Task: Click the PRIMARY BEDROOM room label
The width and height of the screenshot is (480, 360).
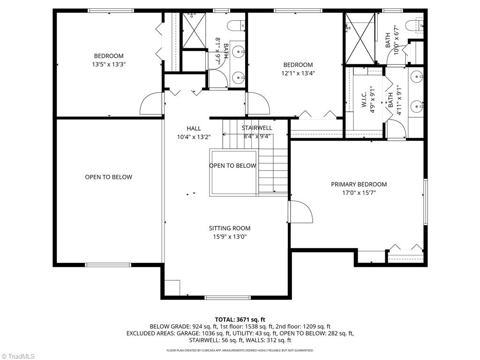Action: point(359,184)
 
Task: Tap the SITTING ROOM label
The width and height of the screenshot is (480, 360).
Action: point(230,228)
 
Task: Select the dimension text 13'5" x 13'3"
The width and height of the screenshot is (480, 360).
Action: point(109,64)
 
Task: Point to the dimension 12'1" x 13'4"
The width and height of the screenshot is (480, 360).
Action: point(298,73)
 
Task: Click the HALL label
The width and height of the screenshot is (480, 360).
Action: point(194,128)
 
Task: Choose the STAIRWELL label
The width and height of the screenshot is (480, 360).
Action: point(257,128)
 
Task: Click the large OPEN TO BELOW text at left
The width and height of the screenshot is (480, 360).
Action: point(109,177)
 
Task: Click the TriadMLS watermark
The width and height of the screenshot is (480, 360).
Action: point(18,356)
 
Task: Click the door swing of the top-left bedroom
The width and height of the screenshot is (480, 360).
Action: point(151,104)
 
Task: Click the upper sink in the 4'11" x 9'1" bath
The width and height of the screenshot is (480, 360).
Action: point(417,76)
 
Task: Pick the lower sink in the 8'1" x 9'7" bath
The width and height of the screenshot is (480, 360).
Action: point(240,76)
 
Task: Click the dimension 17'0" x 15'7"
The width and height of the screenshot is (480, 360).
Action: point(359,192)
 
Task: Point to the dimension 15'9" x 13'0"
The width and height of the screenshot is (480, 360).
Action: point(230,237)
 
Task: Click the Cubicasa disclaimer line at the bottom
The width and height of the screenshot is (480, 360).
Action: point(240,350)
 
